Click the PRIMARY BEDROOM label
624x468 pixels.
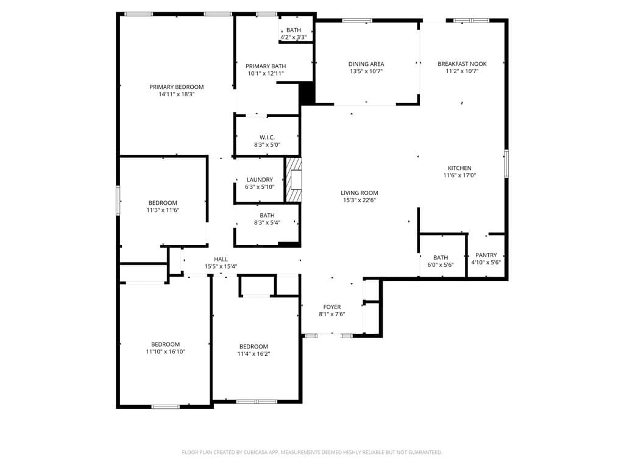176,87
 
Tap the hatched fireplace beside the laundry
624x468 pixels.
294,180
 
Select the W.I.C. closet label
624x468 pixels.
267,137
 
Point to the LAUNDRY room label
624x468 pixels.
260,180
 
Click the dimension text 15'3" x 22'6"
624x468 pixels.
360,200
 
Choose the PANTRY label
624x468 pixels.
486,255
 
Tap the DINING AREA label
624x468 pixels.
366,64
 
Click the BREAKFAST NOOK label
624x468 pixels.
462,63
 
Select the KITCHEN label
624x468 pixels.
459,168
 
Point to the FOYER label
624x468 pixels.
332,307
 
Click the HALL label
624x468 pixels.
221,259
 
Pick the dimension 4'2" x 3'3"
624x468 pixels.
294,37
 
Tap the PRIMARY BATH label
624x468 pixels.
266,66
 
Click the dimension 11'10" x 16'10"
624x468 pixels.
166,352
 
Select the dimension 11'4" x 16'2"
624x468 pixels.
253,353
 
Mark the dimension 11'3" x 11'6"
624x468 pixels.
163,210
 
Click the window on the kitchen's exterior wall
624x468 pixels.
506,163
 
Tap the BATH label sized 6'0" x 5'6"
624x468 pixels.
441,258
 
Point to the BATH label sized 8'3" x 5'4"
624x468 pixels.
267,215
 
